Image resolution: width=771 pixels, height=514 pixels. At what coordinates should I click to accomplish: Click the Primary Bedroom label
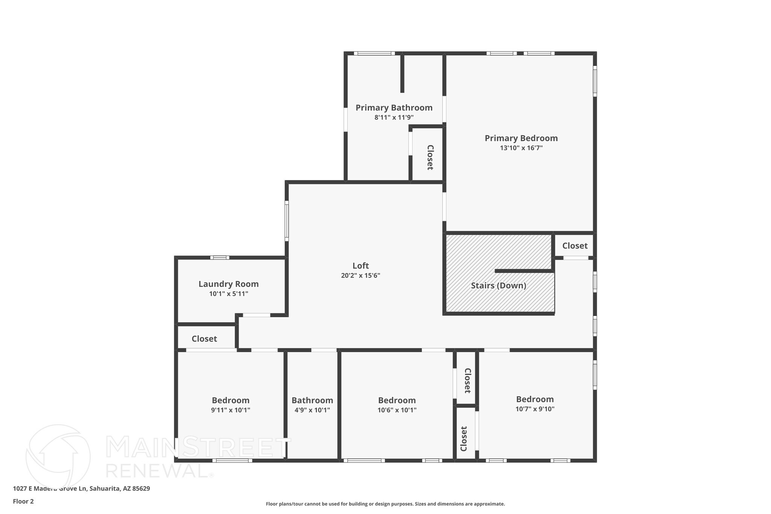pos(521,138)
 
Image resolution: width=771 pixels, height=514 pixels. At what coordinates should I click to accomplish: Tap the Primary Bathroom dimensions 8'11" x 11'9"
pos(394,117)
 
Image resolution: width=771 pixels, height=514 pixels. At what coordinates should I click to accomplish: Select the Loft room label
pos(360,265)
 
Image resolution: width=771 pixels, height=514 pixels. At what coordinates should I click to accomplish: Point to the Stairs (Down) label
pos(498,285)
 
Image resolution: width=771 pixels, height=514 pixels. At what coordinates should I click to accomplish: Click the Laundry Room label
pos(229,284)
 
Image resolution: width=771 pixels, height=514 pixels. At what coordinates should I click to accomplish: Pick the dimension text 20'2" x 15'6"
pos(360,275)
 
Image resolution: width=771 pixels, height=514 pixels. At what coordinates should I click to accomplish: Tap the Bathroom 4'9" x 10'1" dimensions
pos(312,410)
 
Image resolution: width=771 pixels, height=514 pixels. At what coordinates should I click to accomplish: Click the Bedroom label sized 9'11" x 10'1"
pos(230,400)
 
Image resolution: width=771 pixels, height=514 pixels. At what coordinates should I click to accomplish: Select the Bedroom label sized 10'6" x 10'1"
pos(397,400)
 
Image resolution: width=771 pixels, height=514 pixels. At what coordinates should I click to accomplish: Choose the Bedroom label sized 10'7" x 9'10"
pos(535,399)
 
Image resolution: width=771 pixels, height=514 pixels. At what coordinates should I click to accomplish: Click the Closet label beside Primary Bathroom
pos(430,157)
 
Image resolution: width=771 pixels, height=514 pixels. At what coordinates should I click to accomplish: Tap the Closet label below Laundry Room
pos(204,339)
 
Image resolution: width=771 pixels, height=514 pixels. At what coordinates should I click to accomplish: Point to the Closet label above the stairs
pos(574,246)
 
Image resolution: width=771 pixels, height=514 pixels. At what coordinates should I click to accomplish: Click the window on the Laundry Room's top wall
pos(219,258)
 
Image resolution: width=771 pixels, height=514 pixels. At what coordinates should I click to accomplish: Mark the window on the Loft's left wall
pos(286,221)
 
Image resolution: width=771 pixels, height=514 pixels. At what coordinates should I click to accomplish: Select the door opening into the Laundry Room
pos(256,315)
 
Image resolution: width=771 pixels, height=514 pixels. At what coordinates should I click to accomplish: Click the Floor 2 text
pos(23,501)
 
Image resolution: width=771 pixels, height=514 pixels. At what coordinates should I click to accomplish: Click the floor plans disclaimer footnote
pos(385,504)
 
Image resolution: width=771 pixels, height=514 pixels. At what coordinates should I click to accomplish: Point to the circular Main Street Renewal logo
pos(58,456)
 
